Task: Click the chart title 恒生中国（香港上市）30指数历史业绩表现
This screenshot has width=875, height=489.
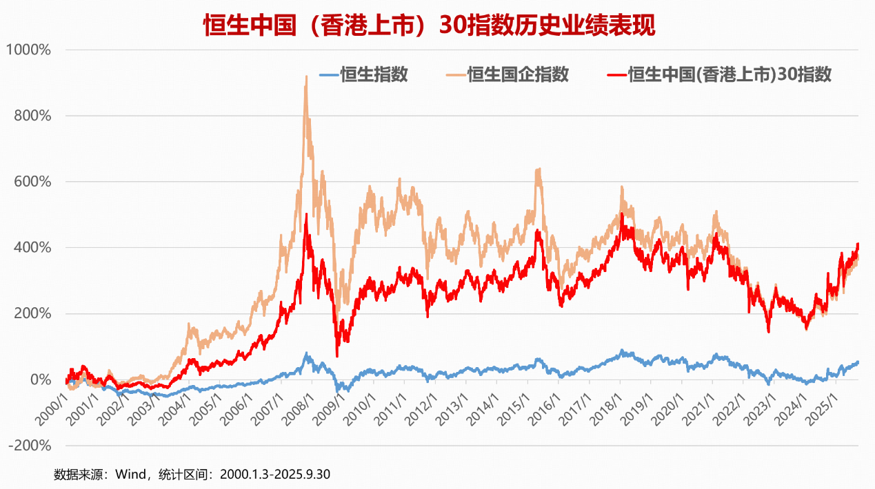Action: pyautogui.click(x=429, y=25)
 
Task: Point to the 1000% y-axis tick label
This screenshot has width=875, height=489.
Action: pyautogui.click(x=29, y=50)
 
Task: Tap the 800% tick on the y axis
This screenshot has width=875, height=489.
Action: pyautogui.click(x=32, y=116)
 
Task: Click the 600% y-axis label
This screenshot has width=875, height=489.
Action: pyautogui.click(x=32, y=182)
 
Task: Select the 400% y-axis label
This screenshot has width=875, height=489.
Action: pyautogui.click(x=32, y=247)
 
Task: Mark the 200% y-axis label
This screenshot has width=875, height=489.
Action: pyautogui.click(x=32, y=313)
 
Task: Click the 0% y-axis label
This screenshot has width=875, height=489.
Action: pyautogui.click(x=39, y=379)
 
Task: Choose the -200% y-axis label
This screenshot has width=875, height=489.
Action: pyautogui.click(x=30, y=446)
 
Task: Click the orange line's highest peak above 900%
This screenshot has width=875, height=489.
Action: pyautogui.click(x=306, y=77)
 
